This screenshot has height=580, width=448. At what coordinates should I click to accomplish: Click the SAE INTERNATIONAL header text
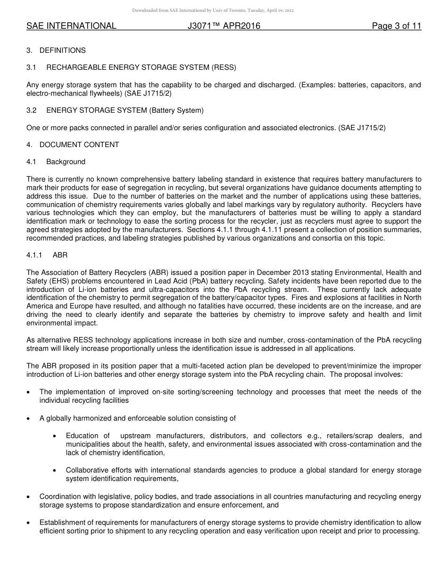point(71,26)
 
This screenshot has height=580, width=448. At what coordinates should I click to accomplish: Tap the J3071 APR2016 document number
point(224,26)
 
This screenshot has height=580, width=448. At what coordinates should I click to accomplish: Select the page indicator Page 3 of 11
point(396,26)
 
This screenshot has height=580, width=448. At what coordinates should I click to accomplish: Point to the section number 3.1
point(32,67)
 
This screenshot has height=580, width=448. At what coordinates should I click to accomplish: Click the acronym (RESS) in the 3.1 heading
point(224,67)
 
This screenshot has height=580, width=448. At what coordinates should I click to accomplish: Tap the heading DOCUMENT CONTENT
point(79,145)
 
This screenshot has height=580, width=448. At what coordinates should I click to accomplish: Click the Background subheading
point(66,162)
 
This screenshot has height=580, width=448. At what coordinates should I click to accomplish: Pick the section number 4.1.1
point(34,255)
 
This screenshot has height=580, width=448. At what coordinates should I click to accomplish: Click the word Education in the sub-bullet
point(82,436)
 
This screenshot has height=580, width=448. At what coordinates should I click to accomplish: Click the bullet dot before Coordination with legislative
point(30,497)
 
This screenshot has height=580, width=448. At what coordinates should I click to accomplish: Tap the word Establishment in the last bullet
point(62,522)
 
